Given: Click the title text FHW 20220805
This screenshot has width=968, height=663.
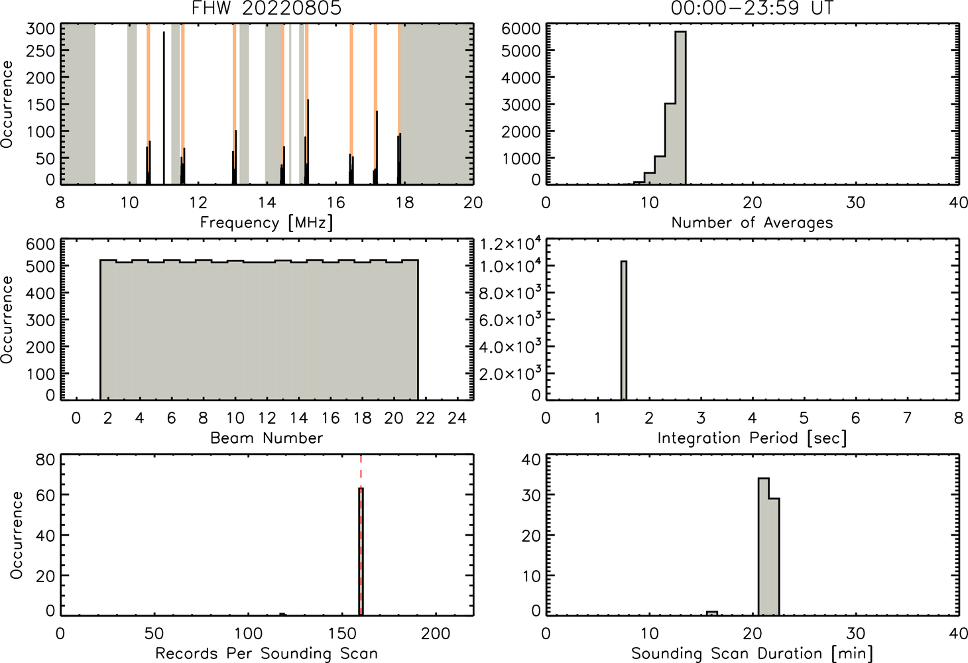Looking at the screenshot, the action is [267, 8].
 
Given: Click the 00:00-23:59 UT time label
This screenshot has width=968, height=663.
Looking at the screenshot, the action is [752, 8].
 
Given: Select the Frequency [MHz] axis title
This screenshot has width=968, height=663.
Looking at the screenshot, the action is [267, 223].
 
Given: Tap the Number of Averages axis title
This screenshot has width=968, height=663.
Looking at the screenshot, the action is [752, 223].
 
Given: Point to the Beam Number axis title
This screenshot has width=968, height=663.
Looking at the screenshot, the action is [267, 438].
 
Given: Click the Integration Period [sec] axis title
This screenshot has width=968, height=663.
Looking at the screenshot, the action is [752, 438].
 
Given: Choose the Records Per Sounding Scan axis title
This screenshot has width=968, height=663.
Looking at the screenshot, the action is [267, 654].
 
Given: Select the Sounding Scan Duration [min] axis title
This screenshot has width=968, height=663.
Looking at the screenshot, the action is [752, 654].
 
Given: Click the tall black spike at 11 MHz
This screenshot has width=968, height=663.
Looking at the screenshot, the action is [164, 107].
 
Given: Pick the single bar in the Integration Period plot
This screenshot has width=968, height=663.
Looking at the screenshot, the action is [624, 330].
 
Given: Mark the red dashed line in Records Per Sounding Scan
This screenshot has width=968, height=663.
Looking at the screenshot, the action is [361, 534].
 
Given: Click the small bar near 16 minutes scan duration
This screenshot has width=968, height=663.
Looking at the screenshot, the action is [711, 613].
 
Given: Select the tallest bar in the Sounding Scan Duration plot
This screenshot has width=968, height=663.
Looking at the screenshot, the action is [764, 546].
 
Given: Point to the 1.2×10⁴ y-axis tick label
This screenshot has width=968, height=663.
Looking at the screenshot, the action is [511, 245].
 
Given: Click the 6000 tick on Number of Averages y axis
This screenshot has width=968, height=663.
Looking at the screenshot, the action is [520, 29].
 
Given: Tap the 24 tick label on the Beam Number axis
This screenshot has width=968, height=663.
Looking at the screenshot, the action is [457, 418].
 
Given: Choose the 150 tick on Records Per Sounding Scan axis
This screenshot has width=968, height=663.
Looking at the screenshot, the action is [342, 633].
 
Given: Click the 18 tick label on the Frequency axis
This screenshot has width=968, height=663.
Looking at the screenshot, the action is [404, 202].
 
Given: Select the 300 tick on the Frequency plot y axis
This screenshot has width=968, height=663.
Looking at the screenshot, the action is [40, 29].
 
